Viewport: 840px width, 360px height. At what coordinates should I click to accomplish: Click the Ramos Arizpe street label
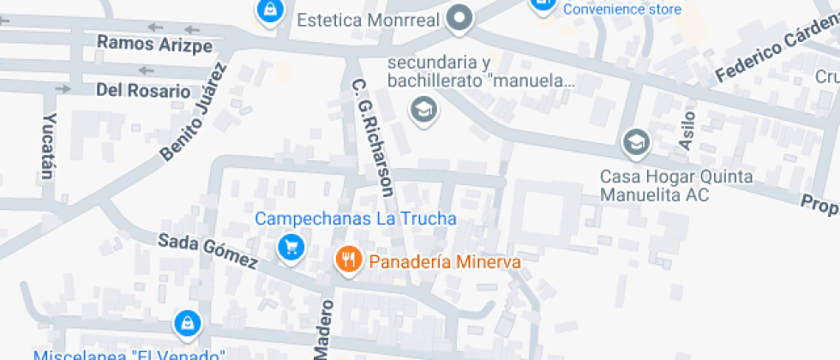(x=154, y=45)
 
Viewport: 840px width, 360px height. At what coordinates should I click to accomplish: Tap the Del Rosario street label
(x=143, y=90)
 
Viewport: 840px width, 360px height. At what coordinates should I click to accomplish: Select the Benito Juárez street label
(x=196, y=112)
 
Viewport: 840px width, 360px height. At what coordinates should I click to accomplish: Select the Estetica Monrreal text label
(x=368, y=19)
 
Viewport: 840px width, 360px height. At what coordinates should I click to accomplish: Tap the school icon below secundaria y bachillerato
(x=422, y=110)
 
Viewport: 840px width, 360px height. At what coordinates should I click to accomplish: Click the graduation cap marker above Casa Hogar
(x=636, y=141)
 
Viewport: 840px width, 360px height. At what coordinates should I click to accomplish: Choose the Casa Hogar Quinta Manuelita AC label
(x=676, y=185)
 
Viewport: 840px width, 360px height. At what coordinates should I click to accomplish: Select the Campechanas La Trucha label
(x=356, y=219)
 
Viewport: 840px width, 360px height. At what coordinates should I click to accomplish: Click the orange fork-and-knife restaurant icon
(x=347, y=259)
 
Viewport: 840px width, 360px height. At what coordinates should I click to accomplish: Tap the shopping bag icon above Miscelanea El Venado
(x=187, y=323)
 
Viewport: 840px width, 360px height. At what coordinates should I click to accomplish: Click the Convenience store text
(x=622, y=9)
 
